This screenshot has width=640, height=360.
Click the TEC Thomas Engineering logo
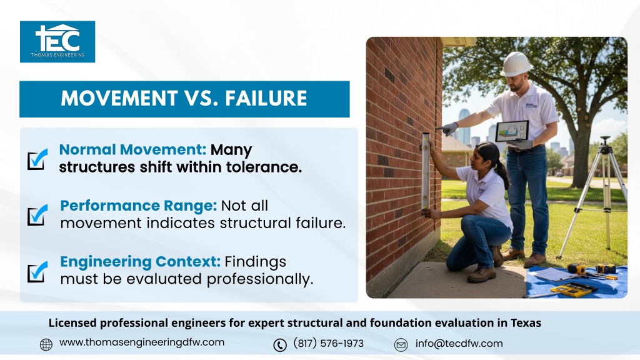tap(57, 42)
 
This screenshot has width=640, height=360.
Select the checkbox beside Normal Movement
tap(37, 159)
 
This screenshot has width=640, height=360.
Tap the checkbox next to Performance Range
tap(37, 215)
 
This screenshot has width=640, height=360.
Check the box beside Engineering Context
tap(37, 272)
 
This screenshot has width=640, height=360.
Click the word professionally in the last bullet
tap(260, 279)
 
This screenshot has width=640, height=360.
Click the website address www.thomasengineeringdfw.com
tap(142, 342)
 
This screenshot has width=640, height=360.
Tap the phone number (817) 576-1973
tap(328, 343)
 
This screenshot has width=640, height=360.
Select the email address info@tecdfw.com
tap(459, 344)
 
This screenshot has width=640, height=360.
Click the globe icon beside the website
tap(46, 345)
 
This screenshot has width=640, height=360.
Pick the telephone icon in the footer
tap(280, 345)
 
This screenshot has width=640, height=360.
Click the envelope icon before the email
tap(401, 345)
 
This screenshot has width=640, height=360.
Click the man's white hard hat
tap(516, 64)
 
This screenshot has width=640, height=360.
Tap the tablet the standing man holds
tap(512, 131)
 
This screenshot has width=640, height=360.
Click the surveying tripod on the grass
tap(595, 196)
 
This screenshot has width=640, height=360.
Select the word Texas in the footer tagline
tap(526, 323)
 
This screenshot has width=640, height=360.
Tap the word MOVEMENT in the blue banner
tap(119, 98)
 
